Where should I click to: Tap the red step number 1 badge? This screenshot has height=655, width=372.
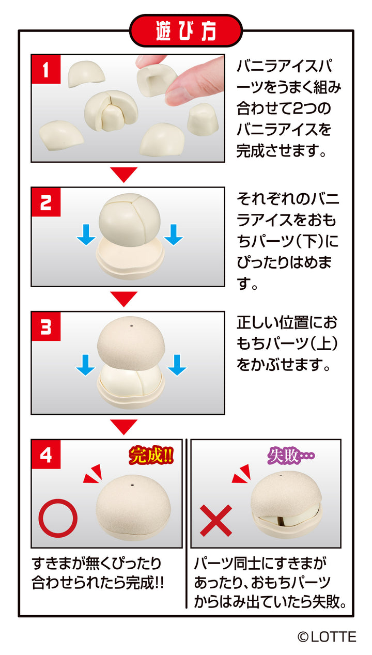(x=46, y=69)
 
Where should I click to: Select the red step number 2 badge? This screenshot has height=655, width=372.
(x=46, y=202)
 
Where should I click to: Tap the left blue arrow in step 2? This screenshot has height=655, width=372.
(x=86, y=236)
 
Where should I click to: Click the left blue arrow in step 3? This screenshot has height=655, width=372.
(x=86, y=365)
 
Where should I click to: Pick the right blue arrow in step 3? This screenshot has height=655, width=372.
(x=176, y=365)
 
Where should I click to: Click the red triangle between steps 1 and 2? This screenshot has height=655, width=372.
(x=124, y=175)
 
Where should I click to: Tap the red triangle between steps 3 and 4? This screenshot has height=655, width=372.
(x=124, y=426)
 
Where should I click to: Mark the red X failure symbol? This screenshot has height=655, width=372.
(x=215, y=520)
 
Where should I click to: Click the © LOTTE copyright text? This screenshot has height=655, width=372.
(x=327, y=637)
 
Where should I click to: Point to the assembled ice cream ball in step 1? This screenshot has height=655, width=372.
(x=107, y=110)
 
